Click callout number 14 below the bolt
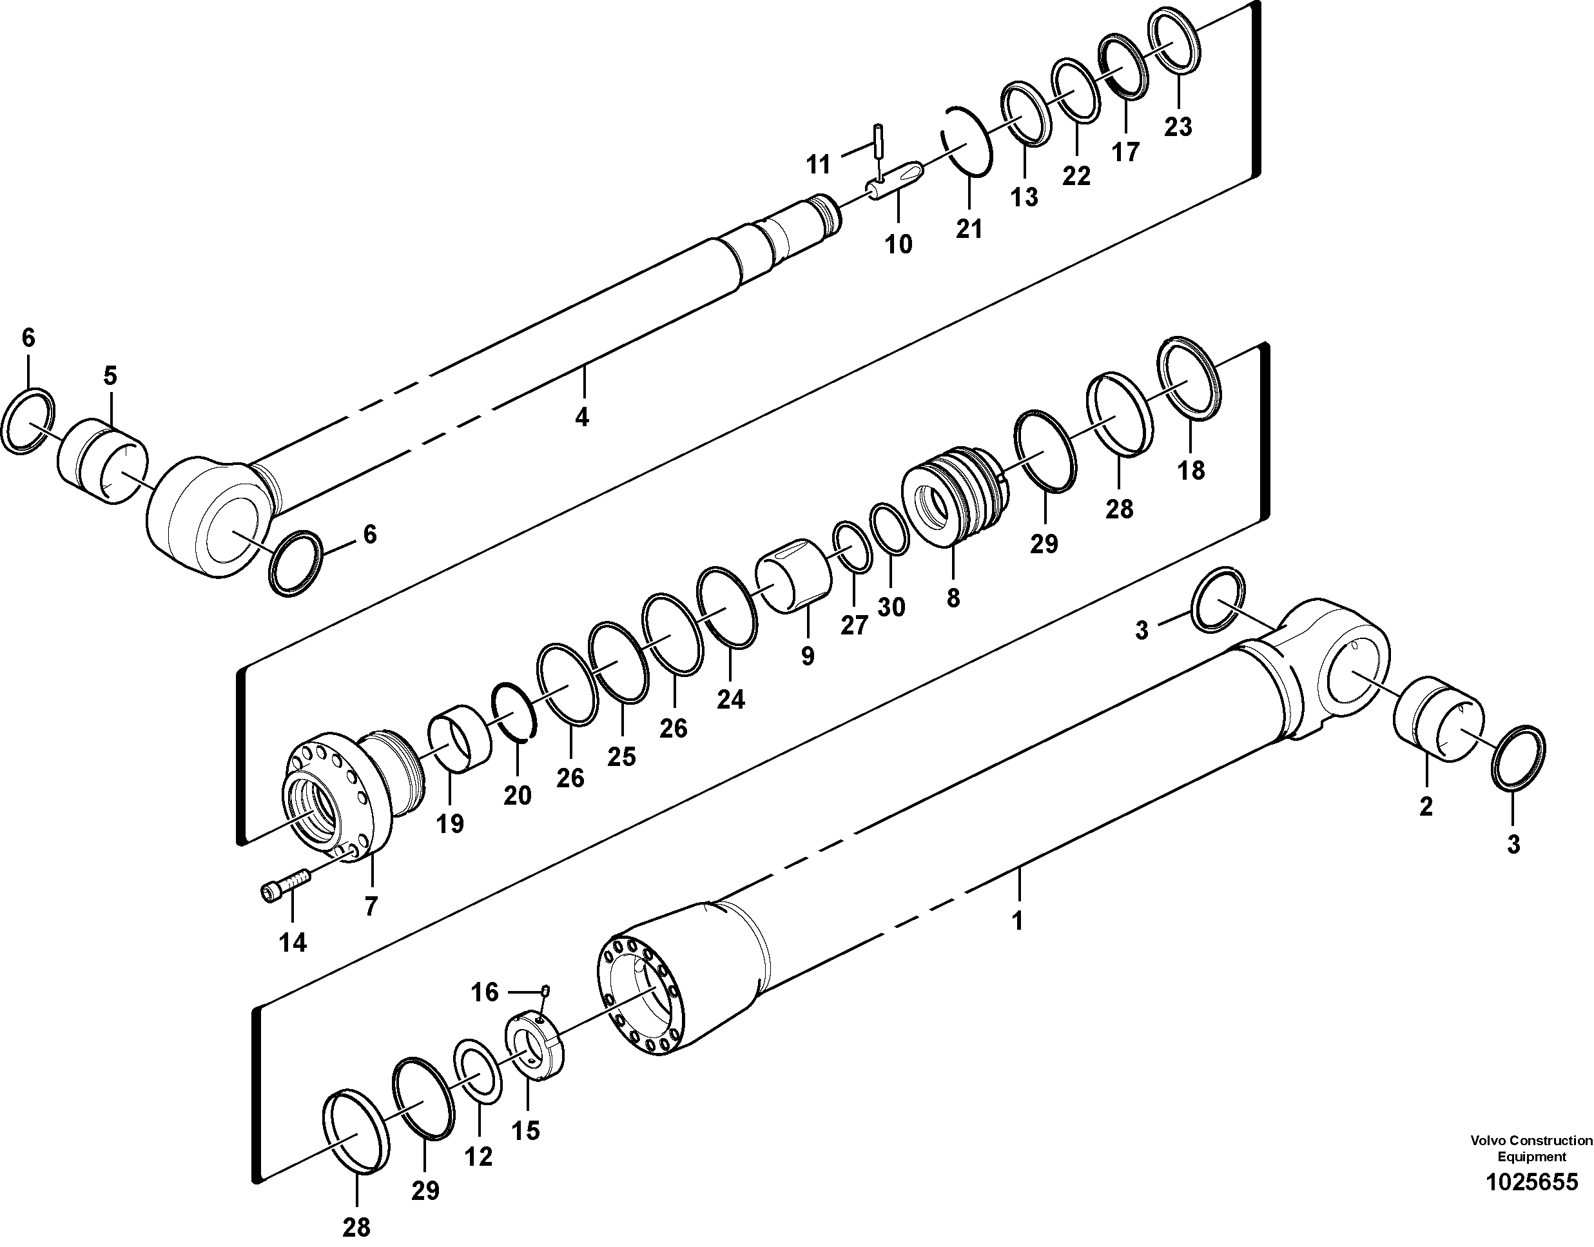point(293,943)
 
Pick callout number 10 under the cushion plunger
point(899,244)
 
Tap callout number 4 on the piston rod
point(581,417)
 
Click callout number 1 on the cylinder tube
point(1017,921)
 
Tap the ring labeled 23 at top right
point(1176,40)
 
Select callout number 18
point(1191,471)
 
